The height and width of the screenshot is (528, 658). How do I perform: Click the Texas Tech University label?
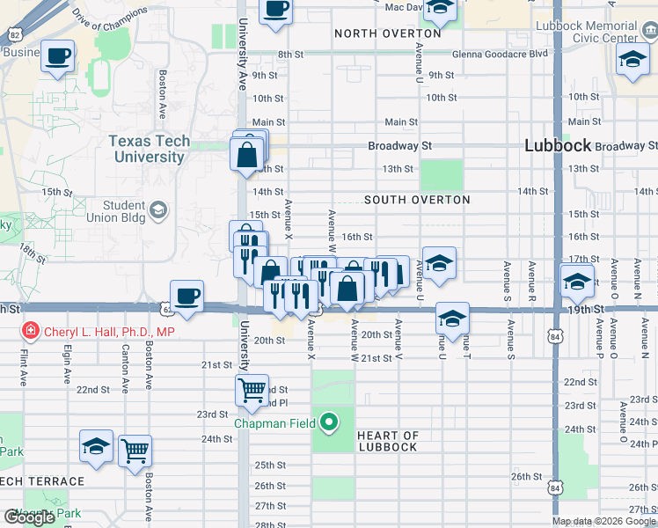pos(149,150)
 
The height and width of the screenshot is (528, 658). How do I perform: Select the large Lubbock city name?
pos(557,146)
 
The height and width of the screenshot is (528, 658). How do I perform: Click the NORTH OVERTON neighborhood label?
pos(388,33)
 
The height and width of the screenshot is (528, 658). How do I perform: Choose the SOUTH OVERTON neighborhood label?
pos(417,200)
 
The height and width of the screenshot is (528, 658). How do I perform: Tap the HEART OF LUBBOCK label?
pos(388,441)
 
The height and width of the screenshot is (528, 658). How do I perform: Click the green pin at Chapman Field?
pos(329,423)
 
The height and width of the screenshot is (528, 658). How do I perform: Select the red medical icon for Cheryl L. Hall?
pos(30,333)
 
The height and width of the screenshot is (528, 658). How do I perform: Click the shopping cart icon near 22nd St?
pos(252,389)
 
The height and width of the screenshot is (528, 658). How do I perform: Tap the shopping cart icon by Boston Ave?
pos(135,451)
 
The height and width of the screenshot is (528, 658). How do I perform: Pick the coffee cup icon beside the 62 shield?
pos(186,296)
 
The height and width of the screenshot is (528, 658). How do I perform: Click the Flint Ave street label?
pos(23,365)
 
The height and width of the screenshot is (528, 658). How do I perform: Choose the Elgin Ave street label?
pos(67,364)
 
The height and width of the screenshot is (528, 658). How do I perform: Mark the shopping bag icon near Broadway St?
pos(247,155)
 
